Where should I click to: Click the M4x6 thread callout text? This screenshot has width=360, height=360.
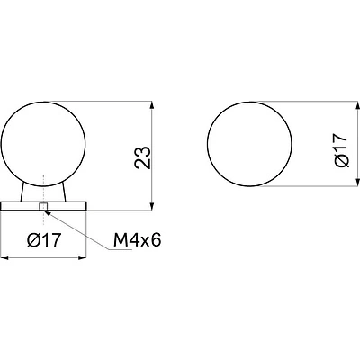click(x=138, y=240)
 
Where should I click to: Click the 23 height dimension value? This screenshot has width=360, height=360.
click(x=142, y=157)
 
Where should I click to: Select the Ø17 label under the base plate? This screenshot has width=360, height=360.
click(x=44, y=240)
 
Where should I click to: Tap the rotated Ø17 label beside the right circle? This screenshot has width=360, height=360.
click(x=341, y=150)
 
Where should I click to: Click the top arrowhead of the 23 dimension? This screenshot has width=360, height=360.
click(x=152, y=105)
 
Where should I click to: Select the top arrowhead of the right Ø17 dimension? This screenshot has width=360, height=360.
click(x=357, y=105)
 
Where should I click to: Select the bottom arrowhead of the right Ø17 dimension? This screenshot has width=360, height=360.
click(x=357, y=183)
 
